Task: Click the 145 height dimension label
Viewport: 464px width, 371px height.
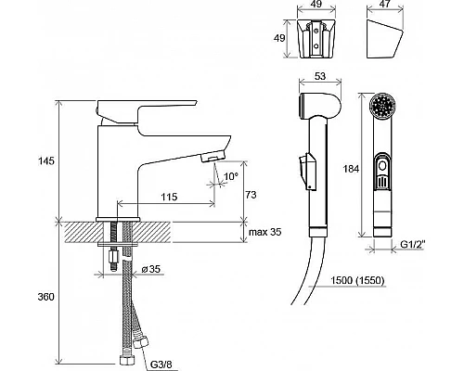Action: point(46,161)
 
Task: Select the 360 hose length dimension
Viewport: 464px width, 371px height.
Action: point(46,297)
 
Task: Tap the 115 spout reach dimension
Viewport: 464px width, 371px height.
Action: point(169,197)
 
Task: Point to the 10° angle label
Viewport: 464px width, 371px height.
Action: point(231,176)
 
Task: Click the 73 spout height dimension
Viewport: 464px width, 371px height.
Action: point(251,195)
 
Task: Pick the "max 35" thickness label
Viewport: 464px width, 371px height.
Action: point(265,232)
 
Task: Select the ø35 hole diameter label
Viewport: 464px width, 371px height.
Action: point(151,269)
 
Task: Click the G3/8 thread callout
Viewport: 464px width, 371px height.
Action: point(161,365)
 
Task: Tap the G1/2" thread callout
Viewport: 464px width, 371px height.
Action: point(413,244)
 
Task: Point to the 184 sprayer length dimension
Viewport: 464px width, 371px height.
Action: point(351,169)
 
